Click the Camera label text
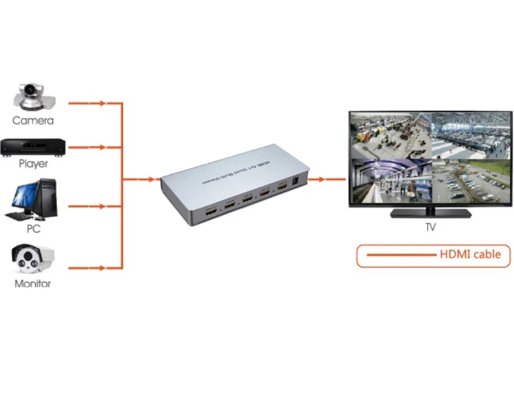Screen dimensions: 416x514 tap(33, 120)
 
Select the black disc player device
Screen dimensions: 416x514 tap(33, 147)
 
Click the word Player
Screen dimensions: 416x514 tap(33, 164)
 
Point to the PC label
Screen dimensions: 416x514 tap(33, 229)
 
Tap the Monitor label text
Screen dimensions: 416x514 tap(33, 284)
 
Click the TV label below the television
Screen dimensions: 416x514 tap(430, 227)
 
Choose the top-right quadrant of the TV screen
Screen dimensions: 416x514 tap(471, 135)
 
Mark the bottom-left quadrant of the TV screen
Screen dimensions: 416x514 tap(390, 181)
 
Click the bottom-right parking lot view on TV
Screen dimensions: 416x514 tap(471, 181)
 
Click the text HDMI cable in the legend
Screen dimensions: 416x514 tap(470, 254)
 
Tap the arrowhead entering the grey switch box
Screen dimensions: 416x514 tap(154, 178)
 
